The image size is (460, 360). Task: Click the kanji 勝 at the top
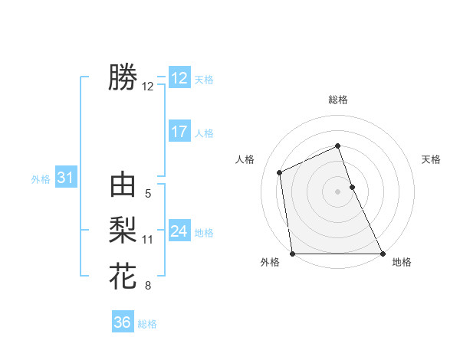pyautogui.click(x=123, y=77)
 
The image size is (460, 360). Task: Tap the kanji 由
pyautogui.click(x=123, y=186)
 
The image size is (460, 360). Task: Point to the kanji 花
pyautogui.click(x=123, y=274)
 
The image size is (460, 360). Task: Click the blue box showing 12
pyautogui.click(x=179, y=78)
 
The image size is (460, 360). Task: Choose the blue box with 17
pyautogui.click(x=179, y=132)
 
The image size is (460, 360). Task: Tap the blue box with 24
pyautogui.click(x=179, y=231)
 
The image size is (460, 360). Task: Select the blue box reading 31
pyautogui.click(x=65, y=178)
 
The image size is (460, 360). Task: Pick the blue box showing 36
pyautogui.click(x=123, y=322)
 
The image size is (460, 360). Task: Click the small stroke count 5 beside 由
pyautogui.click(x=148, y=195)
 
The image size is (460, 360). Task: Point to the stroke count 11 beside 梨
pyautogui.click(x=148, y=240)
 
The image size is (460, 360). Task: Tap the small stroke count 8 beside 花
pyautogui.click(x=148, y=286)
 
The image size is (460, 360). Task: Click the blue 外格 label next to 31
pyautogui.click(x=41, y=179)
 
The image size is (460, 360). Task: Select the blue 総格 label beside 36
pyautogui.click(x=147, y=324)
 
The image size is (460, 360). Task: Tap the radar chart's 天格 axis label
pyautogui.click(x=432, y=159)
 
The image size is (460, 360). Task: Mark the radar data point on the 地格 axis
pyautogui.click(x=383, y=254)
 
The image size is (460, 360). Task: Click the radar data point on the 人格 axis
pyautogui.click(x=280, y=172)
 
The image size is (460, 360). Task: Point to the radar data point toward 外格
pyautogui.click(x=293, y=254)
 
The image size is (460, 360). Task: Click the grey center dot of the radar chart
pyautogui.click(x=338, y=191)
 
